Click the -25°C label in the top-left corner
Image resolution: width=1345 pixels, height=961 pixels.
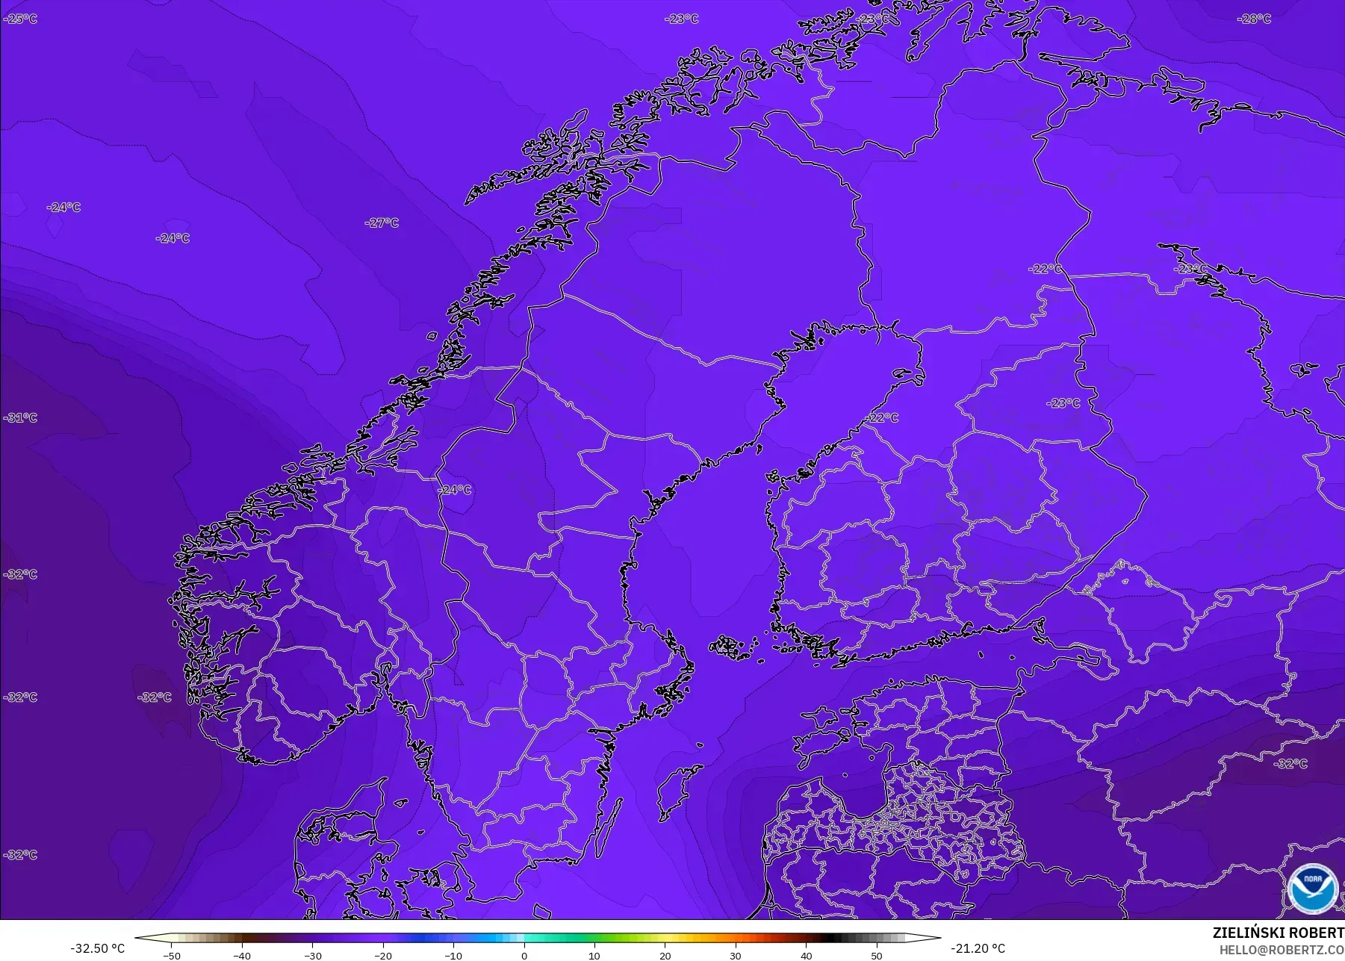tap(20, 19)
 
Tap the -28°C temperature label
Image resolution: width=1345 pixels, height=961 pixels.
tap(1254, 19)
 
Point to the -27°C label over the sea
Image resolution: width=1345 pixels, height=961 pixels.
tap(382, 223)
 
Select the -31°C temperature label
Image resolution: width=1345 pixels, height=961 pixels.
tap(20, 417)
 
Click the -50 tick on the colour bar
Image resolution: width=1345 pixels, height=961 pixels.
tap(172, 955)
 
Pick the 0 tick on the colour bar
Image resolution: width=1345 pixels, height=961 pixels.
tap(524, 955)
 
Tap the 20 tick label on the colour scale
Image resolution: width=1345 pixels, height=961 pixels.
tap(665, 955)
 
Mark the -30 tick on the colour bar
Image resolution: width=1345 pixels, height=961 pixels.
tap(313, 955)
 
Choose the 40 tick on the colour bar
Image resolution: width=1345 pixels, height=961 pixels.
tap(806, 955)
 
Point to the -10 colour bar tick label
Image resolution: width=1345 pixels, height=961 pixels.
tap(453, 955)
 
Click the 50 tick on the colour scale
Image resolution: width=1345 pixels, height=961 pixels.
tap(877, 955)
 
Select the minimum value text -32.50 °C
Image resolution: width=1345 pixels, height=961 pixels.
tap(98, 948)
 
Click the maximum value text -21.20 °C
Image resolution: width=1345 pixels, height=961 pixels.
tap(978, 948)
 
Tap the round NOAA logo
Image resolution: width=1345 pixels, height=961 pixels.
tap(1312, 888)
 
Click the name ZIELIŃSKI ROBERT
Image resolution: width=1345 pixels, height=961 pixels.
tap(1278, 933)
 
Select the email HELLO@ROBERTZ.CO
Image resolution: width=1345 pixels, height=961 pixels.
tap(1282, 950)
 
